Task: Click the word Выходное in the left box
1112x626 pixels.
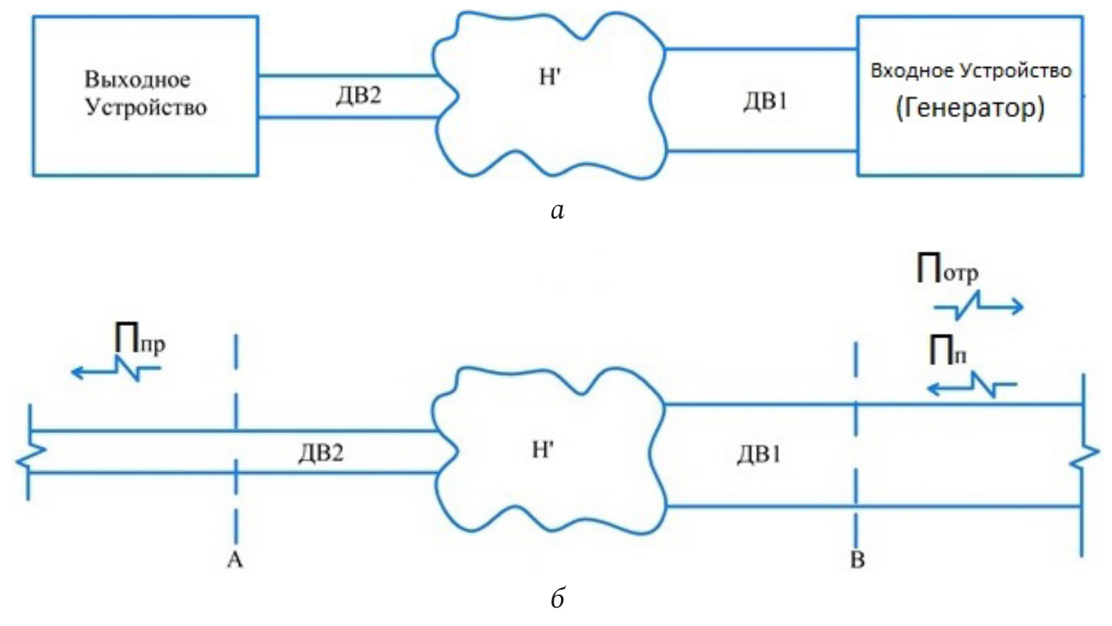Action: (138, 79)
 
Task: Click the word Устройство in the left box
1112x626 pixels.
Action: (146, 107)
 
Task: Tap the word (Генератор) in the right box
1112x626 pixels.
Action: (970, 108)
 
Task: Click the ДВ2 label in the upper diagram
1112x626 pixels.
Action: (359, 95)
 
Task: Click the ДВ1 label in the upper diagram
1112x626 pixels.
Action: (765, 101)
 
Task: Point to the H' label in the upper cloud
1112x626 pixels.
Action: (548, 77)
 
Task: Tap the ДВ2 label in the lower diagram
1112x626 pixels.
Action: (321, 452)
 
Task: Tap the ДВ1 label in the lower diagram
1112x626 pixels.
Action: (759, 454)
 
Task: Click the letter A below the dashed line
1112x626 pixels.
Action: (235, 560)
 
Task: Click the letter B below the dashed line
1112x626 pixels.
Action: (857, 560)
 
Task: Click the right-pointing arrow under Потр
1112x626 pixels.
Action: (979, 307)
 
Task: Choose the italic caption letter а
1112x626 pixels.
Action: (557, 210)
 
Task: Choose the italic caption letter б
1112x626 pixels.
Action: (558, 597)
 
